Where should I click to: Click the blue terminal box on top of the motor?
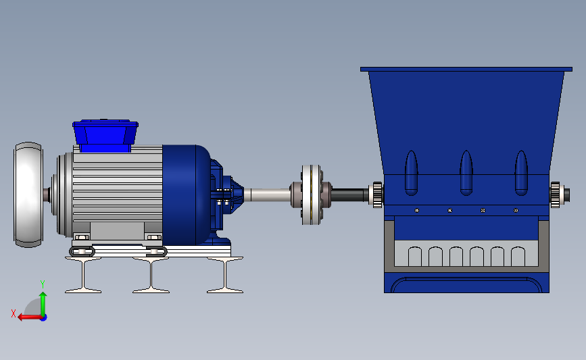(x=105, y=136)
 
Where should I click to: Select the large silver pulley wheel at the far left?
(x=28, y=195)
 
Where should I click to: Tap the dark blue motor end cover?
(x=186, y=195)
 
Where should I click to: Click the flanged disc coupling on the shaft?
(x=311, y=195)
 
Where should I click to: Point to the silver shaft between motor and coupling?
(x=267, y=195)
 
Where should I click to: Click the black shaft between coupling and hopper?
(x=350, y=195)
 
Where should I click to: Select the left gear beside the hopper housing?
(x=377, y=195)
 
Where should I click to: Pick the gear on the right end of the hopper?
(x=556, y=195)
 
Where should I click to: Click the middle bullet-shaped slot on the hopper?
(x=466, y=173)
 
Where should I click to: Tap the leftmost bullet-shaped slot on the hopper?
(x=411, y=173)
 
